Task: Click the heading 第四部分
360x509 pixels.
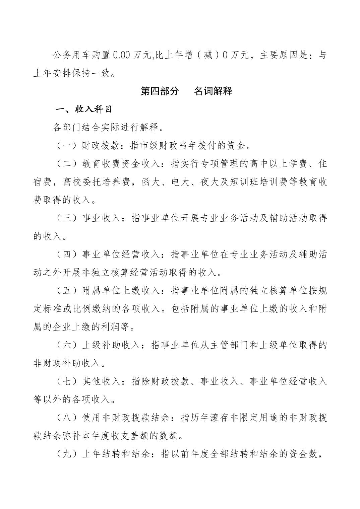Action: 160,91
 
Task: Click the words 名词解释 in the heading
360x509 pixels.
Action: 213,91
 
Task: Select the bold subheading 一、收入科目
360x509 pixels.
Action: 84,109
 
